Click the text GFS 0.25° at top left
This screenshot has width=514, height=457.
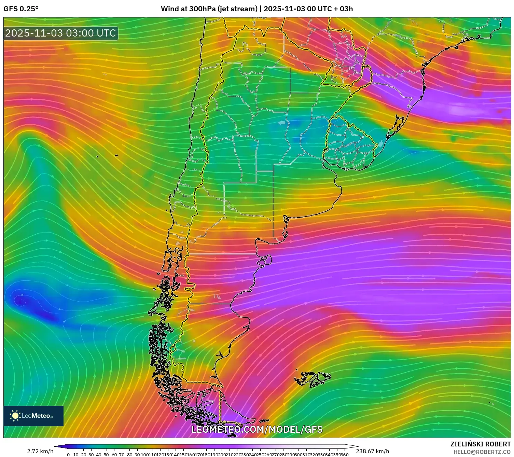[x=21, y=9]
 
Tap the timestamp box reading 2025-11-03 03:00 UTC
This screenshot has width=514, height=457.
[x=61, y=33]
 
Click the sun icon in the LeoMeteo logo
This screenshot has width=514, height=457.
[x=15, y=415]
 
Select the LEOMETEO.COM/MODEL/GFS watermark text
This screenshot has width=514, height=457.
[x=257, y=429]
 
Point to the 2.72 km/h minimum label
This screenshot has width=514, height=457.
[x=40, y=451]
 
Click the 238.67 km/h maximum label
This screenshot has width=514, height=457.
[x=372, y=451]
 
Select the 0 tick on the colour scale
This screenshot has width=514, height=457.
[x=68, y=455]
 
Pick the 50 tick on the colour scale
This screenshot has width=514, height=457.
[x=106, y=455]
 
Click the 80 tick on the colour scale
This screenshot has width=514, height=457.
[x=129, y=455]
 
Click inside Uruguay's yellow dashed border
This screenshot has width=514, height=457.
[x=348, y=143]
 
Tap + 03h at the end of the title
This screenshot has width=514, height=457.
[x=344, y=9]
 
